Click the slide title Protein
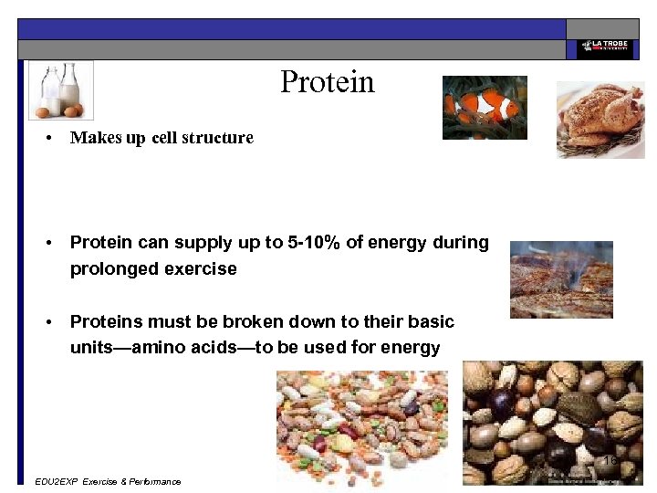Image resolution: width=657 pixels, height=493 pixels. (x=327, y=82)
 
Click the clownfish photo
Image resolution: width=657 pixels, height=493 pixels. (x=485, y=107)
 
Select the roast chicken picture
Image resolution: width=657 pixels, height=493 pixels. (x=600, y=120)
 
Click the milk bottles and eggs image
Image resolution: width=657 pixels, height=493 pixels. (x=60, y=89)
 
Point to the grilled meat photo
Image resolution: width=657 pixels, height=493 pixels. (x=561, y=279)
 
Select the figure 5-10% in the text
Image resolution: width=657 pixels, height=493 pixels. (x=315, y=243)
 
